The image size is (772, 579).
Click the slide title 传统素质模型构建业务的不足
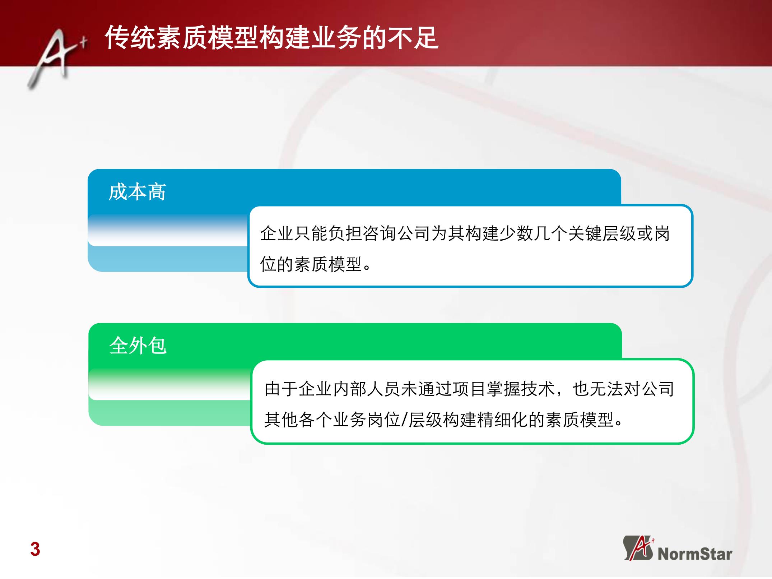point(271,37)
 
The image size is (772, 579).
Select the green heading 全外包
point(138,346)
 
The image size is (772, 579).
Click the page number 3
point(35,549)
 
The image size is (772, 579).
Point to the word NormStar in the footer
point(695,554)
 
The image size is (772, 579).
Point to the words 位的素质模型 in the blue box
point(311,265)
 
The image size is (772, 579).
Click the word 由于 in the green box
point(282,389)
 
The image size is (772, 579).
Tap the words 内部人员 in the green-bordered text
point(367,389)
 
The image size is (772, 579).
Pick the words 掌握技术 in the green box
point(521,389)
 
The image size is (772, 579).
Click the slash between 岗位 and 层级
point(405,420)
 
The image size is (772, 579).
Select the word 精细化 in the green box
point(502,420)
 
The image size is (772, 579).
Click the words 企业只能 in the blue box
point(294,233)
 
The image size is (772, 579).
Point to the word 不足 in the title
point(413,37)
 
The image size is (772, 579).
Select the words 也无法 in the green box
point(598,389)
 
